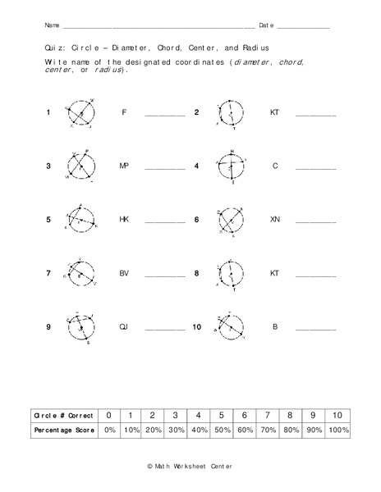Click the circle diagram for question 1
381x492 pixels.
pos(80,114)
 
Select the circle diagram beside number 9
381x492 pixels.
pos(80,329)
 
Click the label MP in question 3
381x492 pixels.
pos(124,166)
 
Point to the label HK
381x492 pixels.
pos(124,221)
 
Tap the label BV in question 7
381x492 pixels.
pos(124,274)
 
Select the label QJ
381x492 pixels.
pos(124,328)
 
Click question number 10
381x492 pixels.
pos(196,328)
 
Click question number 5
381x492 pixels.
pos(48,221)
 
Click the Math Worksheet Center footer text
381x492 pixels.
pos(190,466)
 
